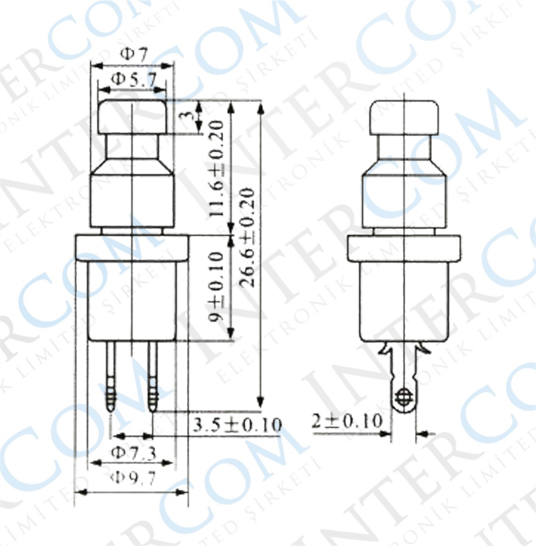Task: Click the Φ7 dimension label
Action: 133,54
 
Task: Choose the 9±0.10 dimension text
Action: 217,288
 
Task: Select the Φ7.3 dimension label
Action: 133,453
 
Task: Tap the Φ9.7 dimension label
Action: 133,478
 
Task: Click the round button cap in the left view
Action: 132,117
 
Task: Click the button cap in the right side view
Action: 404,117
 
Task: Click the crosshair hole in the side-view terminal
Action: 403,398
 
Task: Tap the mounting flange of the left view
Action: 132,247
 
